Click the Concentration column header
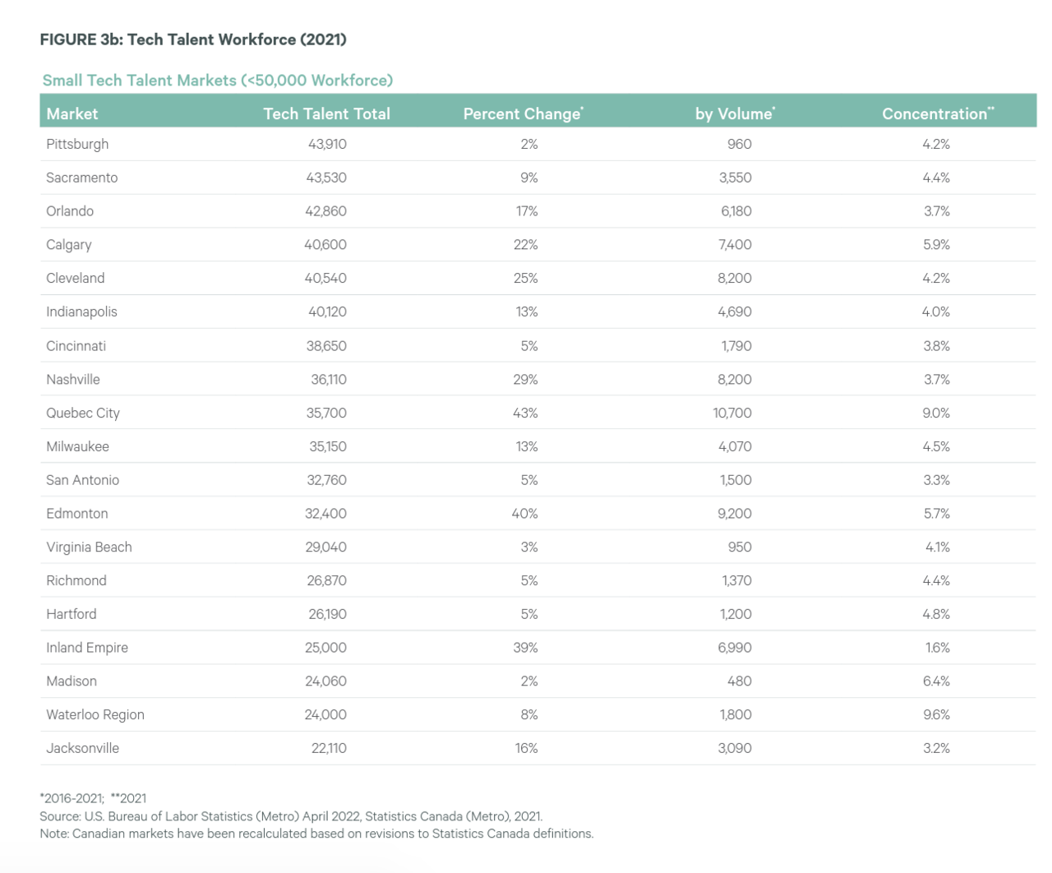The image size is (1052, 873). point(938,113)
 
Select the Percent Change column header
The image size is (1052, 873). point(523,113)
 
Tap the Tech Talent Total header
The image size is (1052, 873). point(326,113)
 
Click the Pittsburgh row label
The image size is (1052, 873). point(77,144)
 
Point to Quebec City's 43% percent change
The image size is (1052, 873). point(525,413)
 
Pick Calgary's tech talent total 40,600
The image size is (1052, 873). point(325,244)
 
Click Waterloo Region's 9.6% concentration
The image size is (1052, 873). point(936,714)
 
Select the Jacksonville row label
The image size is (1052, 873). point(83,748)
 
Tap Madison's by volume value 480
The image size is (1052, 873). point(739,681)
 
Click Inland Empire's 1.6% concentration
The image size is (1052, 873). point(937,647)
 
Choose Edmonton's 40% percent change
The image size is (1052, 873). point(525,513)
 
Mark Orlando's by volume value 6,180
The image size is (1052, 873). point(736,210)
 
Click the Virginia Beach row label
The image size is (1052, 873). point(90,547)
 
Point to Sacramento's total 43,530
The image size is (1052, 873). point(326,178)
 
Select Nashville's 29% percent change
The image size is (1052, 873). point(525,379)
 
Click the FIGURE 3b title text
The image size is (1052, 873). point(193,39)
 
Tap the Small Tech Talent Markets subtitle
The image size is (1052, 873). point(218,80)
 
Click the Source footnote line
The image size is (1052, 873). point(291,816)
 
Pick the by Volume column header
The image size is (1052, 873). point(735,113)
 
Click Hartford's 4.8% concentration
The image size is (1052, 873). point(936,614)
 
